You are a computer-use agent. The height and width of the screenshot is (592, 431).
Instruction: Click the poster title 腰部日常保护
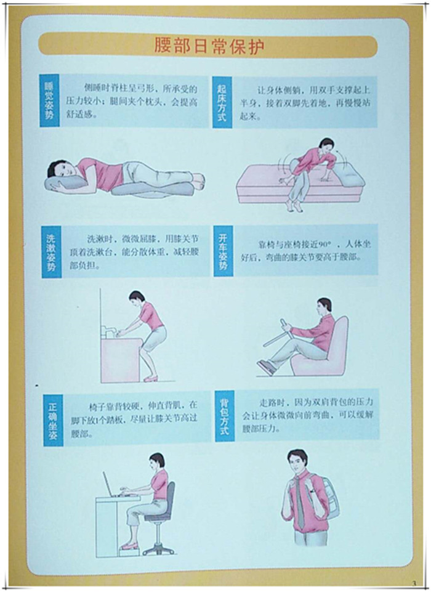(209, 46)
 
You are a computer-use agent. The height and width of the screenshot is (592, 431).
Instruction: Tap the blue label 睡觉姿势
(49, 100)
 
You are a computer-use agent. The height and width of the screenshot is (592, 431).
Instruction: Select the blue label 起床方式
(222, 102)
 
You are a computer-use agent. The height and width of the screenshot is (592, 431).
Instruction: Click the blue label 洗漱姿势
(51, 252)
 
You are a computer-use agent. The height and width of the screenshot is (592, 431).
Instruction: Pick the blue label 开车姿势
(223, 251)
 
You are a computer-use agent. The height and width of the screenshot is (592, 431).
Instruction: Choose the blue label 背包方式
(225, 416)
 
